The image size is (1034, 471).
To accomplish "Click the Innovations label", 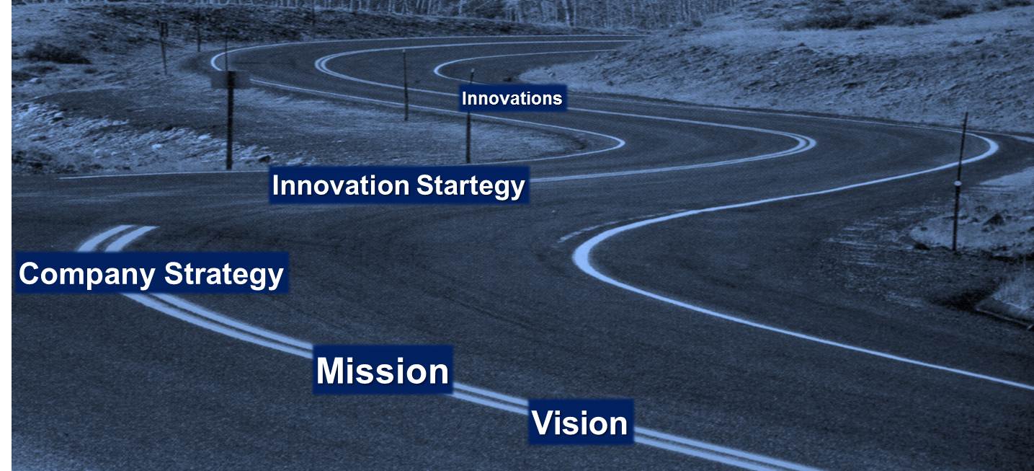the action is click(512, 98).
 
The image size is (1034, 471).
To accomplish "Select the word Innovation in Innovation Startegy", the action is click(341, 185).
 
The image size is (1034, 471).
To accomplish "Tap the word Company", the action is click(86, 274).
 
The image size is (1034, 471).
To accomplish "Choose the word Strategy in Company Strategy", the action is click(224, 274).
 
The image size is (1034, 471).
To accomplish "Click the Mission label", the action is click(383, 371).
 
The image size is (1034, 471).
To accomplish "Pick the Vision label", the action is click(580, 423).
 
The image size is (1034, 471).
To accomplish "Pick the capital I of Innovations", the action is click(464, 98).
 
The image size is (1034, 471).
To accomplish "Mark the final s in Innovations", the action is click(558, 100).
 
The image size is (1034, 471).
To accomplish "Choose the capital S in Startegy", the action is click(426, 185).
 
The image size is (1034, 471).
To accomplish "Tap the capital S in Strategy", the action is click(174, 273).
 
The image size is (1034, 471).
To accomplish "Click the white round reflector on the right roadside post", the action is click(958, 183).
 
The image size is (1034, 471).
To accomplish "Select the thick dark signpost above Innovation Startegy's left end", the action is click(230, 120).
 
